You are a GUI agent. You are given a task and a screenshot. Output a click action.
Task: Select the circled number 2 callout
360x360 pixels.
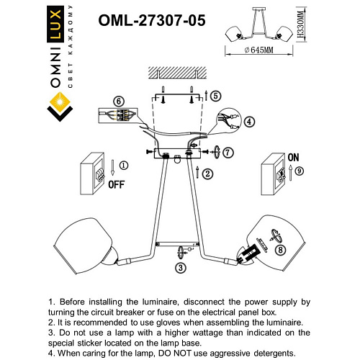point(207,174)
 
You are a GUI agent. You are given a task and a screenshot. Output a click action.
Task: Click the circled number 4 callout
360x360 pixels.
point(249,122)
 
